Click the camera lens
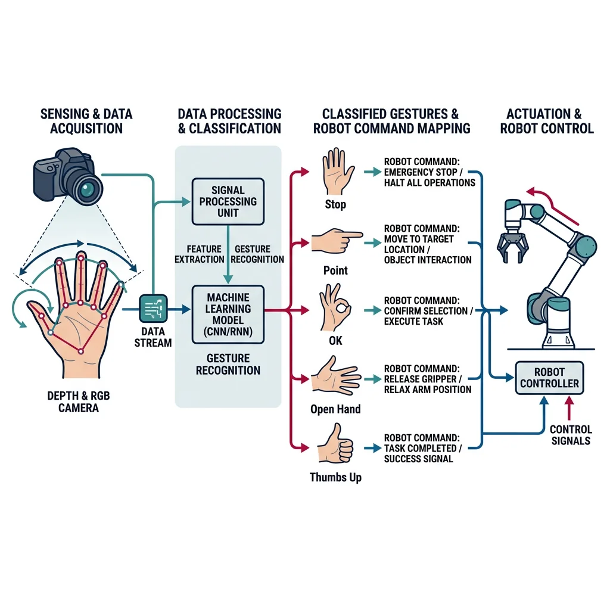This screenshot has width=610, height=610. coord(88,189)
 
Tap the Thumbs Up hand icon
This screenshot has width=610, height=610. coord(335,444)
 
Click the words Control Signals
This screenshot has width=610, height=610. coord(570,435)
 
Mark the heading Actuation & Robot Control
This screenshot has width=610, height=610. coord(546,121)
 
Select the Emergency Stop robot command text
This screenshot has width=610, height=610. coord(430,172)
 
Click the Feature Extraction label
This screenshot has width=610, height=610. coord(199,254)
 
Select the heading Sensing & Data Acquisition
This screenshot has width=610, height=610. coord(86,121)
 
